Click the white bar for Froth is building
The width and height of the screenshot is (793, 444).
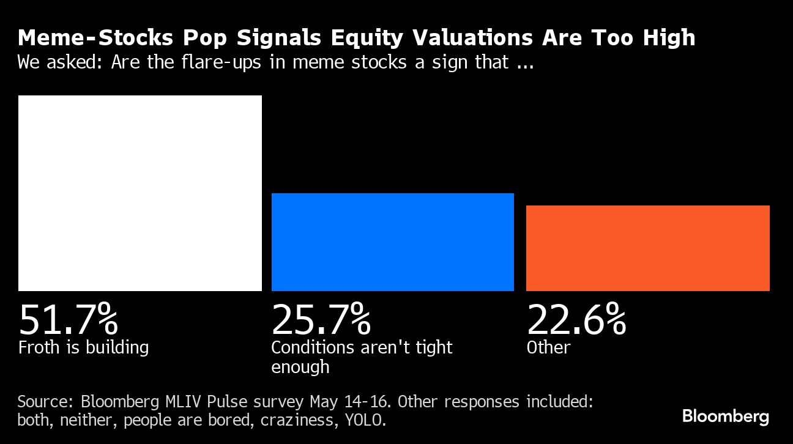tap(140, 193)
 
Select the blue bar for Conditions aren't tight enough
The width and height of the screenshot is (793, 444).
tap(392, 242)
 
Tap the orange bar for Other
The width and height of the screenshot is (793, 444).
tap(647, 248)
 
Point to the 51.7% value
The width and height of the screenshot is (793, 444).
tap(68, 319)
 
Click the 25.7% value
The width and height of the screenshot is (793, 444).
tap(321, 319)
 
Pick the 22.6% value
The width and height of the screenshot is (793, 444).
tap(576, 319)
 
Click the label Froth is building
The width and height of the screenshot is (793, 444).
tap(83, 347)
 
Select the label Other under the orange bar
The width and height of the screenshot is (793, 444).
tap(548, 347)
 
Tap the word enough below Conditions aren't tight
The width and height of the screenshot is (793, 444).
tap(300, 367)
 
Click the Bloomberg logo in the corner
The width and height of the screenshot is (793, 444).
tap(726, 417)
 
